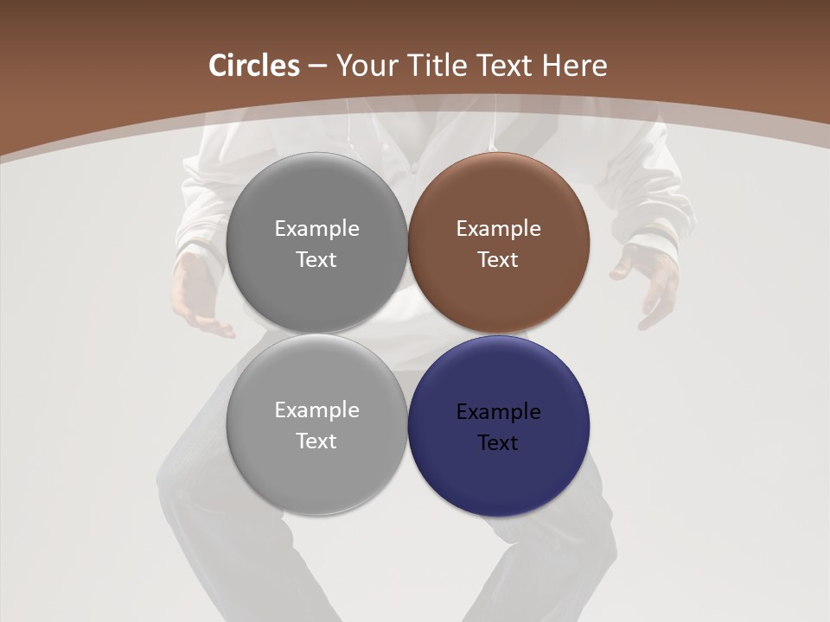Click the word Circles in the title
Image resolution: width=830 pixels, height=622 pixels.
253,66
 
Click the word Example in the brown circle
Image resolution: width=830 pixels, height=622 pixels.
498,229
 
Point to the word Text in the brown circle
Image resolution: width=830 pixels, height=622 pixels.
498,260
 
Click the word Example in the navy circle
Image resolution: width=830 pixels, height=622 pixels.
498,412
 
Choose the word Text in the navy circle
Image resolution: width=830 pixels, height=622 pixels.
498,443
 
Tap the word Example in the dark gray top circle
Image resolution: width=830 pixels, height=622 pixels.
316,229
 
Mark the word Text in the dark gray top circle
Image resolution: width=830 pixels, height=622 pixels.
316,260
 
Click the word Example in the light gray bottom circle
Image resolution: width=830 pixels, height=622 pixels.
316,410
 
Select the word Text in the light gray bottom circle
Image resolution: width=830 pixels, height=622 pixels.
316,441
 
